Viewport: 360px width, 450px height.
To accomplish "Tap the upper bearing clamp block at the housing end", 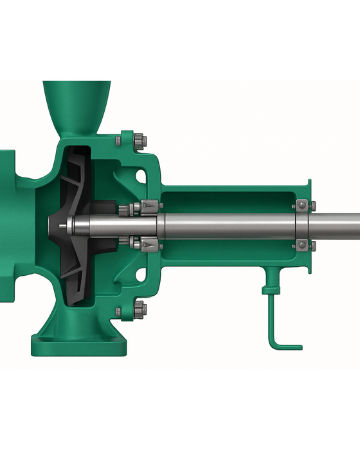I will [x=302, y=206].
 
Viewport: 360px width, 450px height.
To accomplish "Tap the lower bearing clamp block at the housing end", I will [x=302, y=245].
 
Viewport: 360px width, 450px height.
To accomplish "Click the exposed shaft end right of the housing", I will [x=337, y=226].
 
